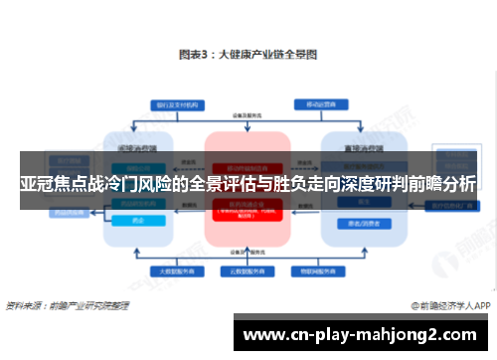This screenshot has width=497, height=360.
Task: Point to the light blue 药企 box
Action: point(137,221)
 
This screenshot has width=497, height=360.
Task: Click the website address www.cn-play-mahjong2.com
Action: point(364,333)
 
